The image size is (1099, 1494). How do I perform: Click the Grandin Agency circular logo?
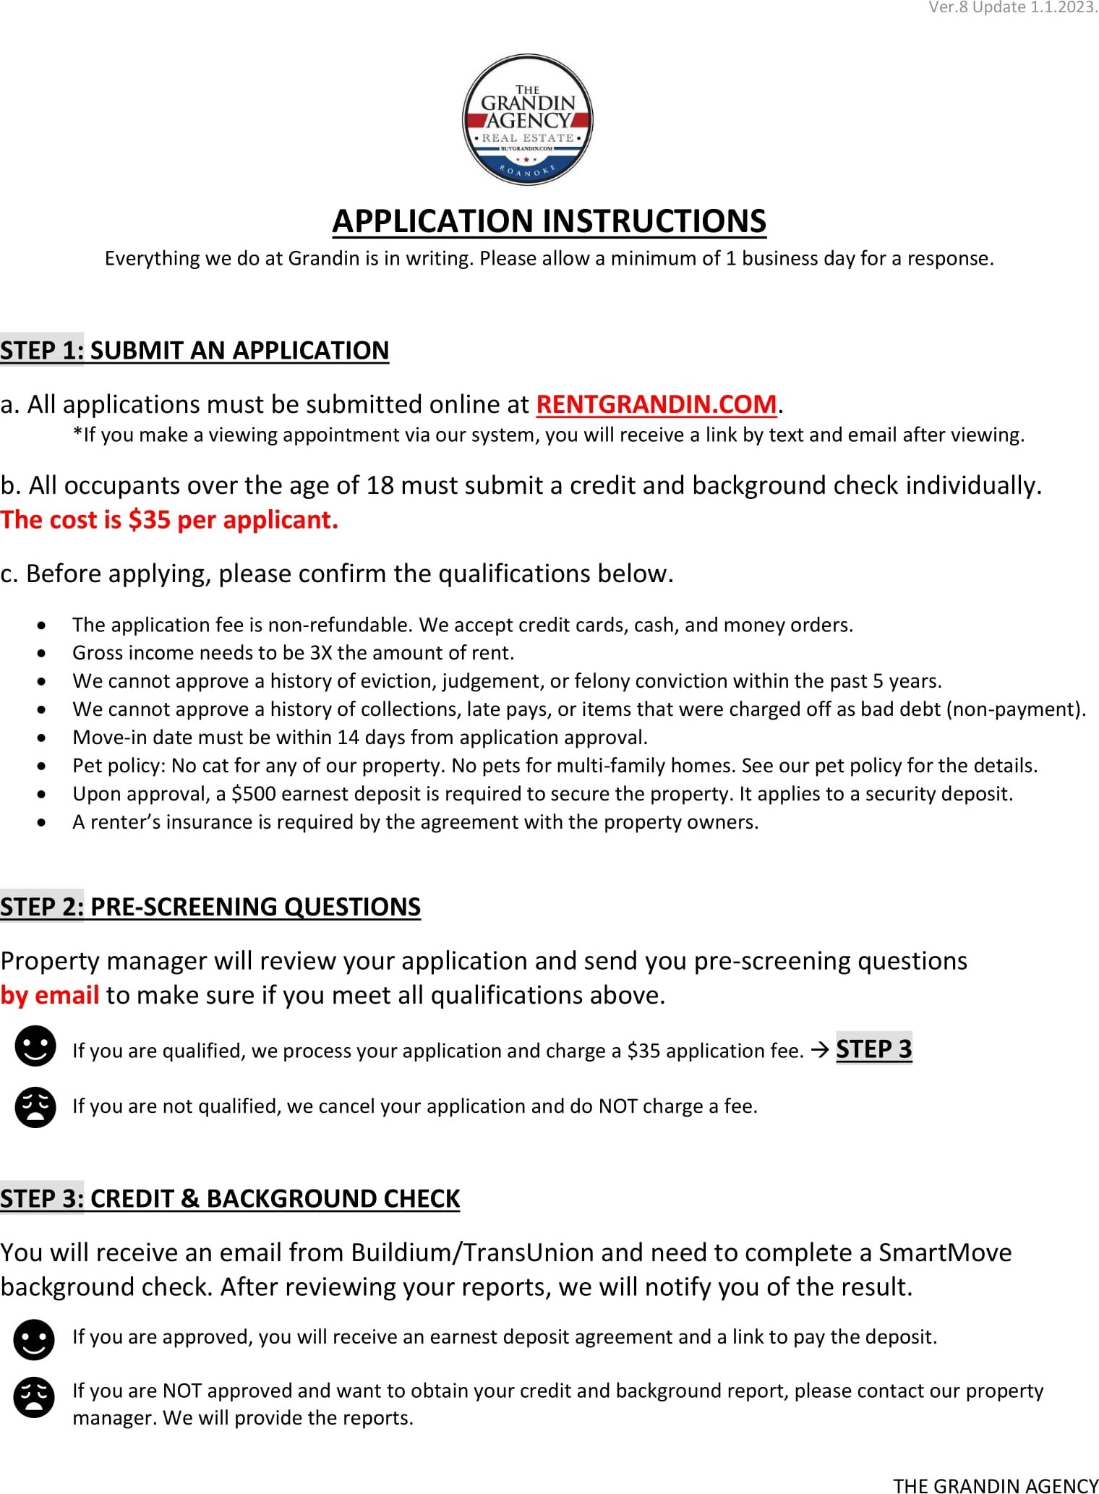coord(528,119)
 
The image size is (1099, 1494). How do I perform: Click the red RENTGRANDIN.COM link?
coord(656,404)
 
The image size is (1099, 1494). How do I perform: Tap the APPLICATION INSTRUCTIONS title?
coord(549,221)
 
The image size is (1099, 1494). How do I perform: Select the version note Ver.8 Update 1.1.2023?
coord(1012,8)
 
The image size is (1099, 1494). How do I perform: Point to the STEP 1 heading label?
coord(42,350)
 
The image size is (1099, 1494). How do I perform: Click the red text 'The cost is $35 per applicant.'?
coord(169,520)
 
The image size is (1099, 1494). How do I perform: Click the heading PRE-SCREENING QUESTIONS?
coord(255,907)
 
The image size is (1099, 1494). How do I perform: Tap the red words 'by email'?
coord(49,996)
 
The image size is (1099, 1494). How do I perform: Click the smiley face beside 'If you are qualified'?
coord(35,1046)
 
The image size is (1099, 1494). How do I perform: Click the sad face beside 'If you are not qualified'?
coord(35,1107)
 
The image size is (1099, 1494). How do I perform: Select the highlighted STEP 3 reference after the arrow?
coord(873,1049)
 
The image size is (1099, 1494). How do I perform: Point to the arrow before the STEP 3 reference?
coord(819,1050)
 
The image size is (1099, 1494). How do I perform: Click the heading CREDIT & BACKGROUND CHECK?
coord(275,1199)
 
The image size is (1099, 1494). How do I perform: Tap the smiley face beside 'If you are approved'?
coord(34,1340)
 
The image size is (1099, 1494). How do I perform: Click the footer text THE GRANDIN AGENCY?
coord(995,1485)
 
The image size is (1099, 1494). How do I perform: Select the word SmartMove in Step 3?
coord(944,1252)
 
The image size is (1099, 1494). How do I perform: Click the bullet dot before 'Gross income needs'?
coord(43,653)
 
